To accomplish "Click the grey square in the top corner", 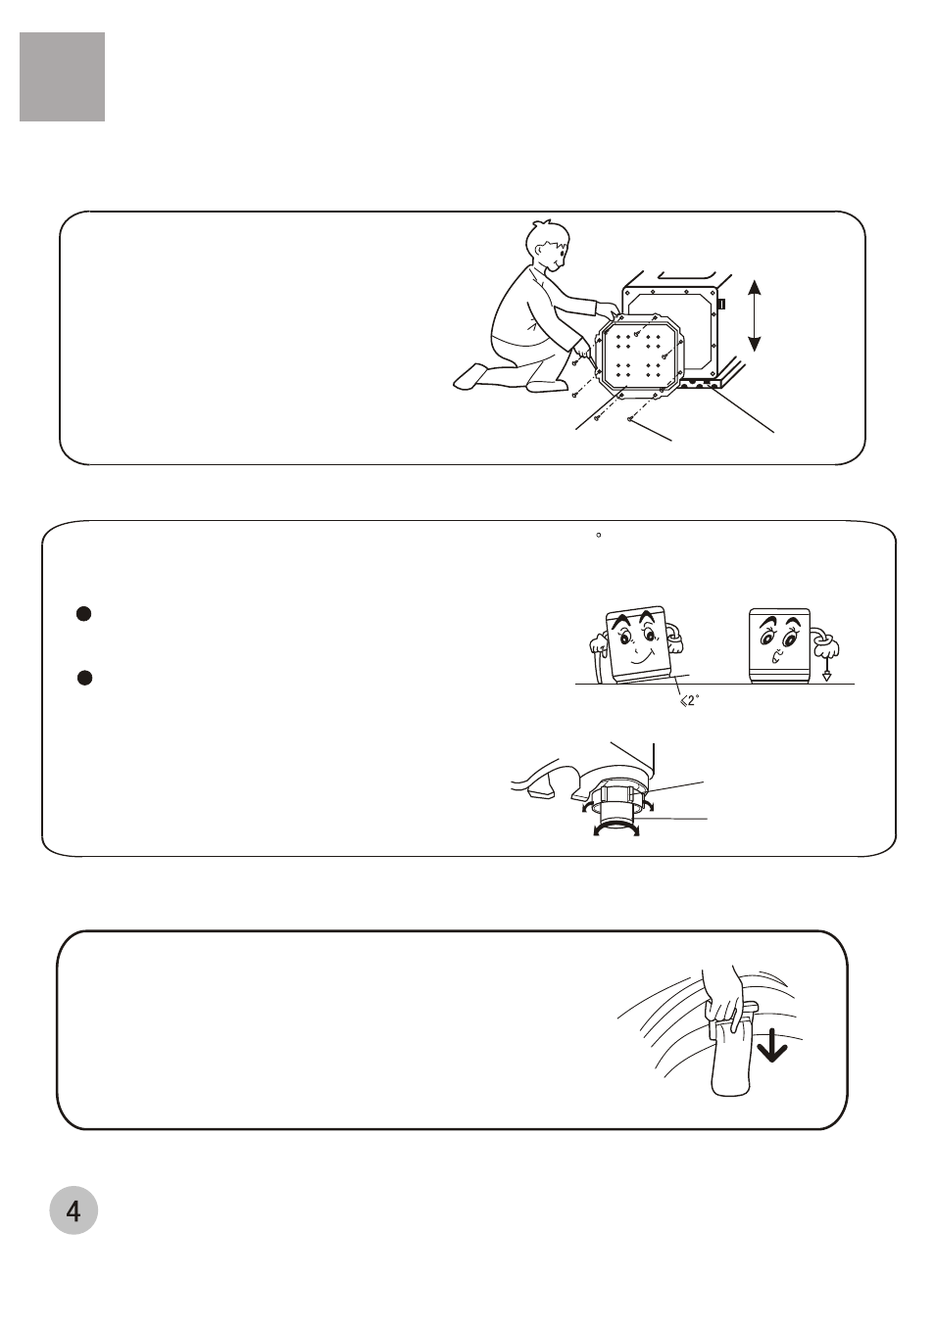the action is [x=62, y=77].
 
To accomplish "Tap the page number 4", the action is [x=74, y=1212].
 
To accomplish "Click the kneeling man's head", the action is [x=549, y=246].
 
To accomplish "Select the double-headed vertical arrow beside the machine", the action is [x=754, y=315].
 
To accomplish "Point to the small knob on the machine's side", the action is [x=721, y=304].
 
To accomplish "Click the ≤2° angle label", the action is [x=690, y=701].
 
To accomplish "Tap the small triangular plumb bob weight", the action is [x=826, y=676].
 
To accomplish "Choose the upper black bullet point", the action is [x=84, y=614].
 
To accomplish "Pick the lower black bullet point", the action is [x=84, y=678].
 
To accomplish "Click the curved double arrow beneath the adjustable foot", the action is [x=616, y=832].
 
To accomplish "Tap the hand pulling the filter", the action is [x=723, y=995].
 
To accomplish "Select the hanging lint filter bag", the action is [x=732, y=1058].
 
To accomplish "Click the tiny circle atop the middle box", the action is [x=599, y=535].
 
